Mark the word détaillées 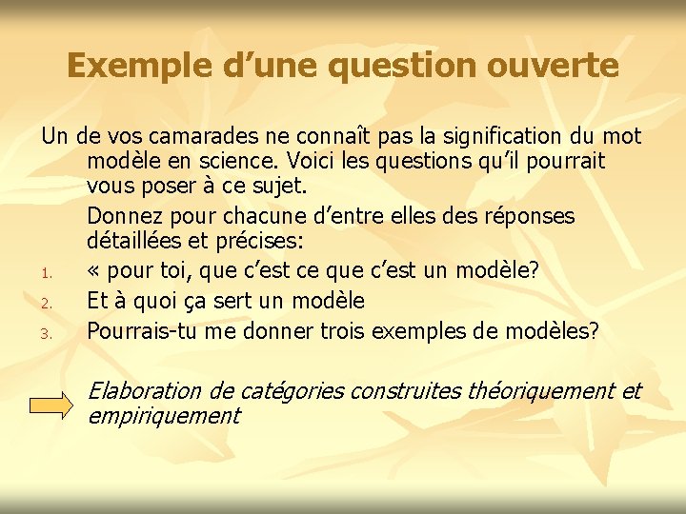pyautogui.click(x=138, y=244)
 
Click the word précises pyautogui.click(x=242, y=244)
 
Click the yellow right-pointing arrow pyautogui.click(x=50, y=405)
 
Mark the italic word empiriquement pyautogui.click(x=163, y=416)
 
